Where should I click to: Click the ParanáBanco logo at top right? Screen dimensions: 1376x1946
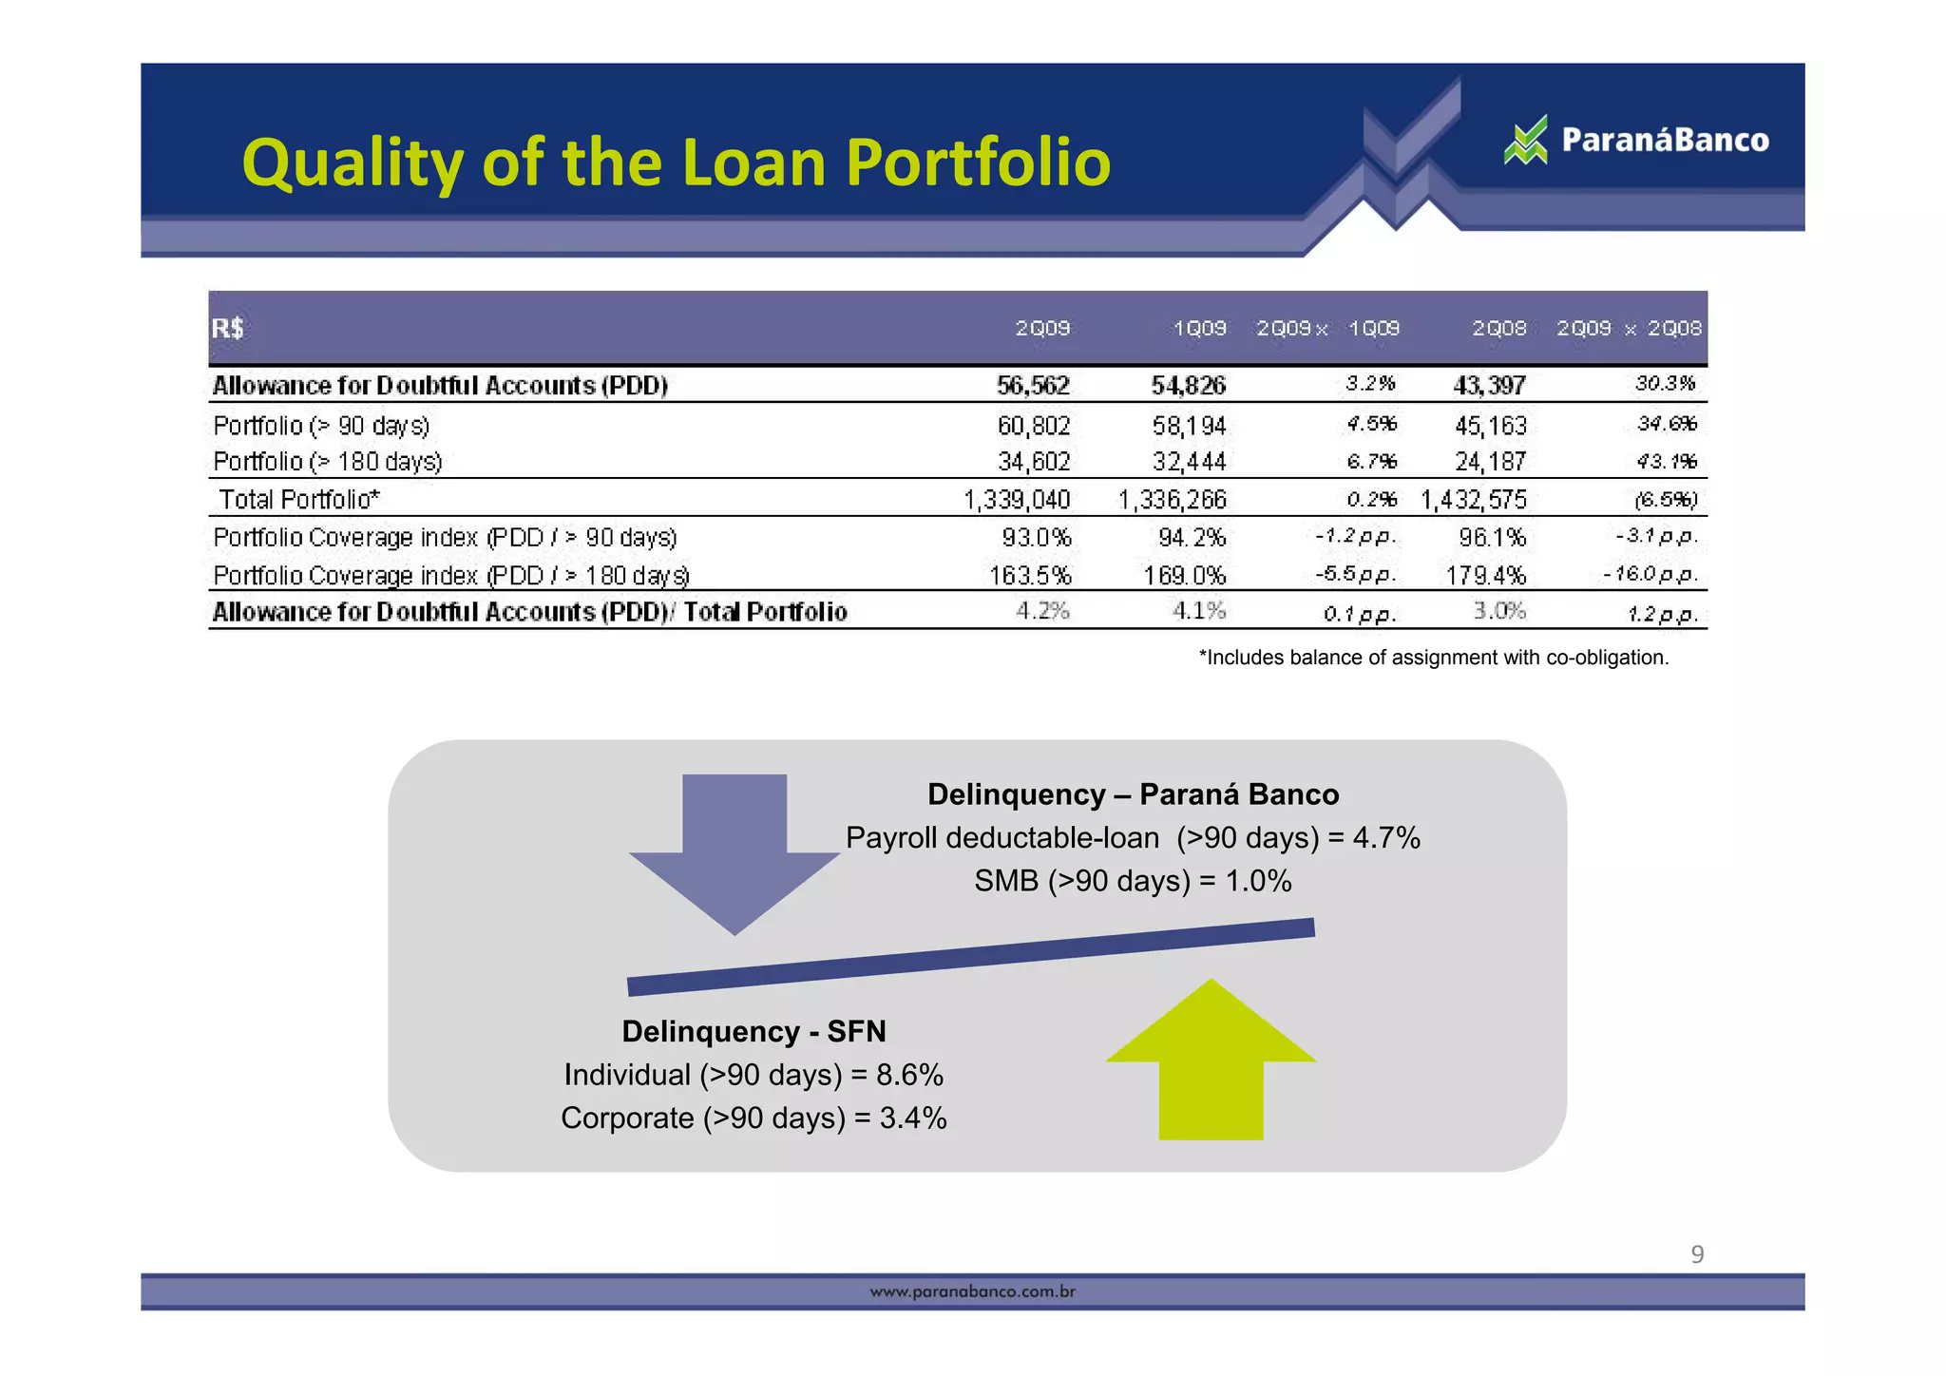(x=1636, y=141)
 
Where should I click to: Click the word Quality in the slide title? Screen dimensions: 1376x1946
(x=353, y=162)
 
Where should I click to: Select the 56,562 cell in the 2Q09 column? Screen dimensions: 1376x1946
(x=1033, y=385)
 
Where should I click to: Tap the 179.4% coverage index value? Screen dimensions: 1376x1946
(x=1485, y=576)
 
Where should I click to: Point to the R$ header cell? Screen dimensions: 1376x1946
(x=228, y=329)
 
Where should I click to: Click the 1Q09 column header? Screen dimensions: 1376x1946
(x=1199, y=329)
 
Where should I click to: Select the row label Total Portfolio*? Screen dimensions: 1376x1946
(x=299, y=500)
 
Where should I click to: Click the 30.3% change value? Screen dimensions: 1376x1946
(x=1665, y=383)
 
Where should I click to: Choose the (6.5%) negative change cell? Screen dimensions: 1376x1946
(x=1665, y=500)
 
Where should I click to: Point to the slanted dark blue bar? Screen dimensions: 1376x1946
(x=971, y=956)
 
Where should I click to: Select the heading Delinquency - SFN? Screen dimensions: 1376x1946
(x=754, y=1031)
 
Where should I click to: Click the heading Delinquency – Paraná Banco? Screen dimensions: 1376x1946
(x=1133, y=794)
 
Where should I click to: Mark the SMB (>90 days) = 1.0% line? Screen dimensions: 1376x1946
(x=1133, y=881)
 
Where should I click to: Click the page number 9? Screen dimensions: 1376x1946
(x=1697, y=1255)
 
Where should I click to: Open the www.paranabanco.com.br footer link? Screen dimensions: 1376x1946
(x=973, y=1292)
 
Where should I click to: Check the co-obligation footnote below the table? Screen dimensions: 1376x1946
(x=1433, y=658)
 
